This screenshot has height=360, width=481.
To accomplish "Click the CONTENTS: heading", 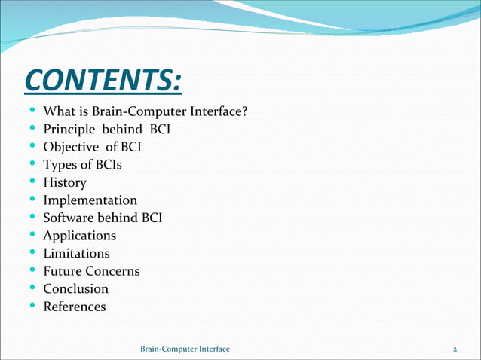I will pos(103,79).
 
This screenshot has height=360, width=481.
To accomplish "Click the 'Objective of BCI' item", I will pos(92,147).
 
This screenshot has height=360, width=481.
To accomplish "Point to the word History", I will pos(65,182).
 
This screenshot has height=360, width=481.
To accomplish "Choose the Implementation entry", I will pos(90,200).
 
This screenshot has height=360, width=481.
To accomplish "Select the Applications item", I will pos(79,236).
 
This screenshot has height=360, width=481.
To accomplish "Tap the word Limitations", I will pos(76,253).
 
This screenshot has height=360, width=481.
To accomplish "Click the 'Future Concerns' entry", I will pos(91,271).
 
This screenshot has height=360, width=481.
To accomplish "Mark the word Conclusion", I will pos(75,288).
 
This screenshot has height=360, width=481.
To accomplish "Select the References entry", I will pos(74,307).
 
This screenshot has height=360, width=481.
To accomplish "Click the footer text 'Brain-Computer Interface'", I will pos(185,349).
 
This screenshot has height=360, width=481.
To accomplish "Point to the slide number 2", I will pos(455,349).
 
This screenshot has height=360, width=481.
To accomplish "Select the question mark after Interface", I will pos(245,112).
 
